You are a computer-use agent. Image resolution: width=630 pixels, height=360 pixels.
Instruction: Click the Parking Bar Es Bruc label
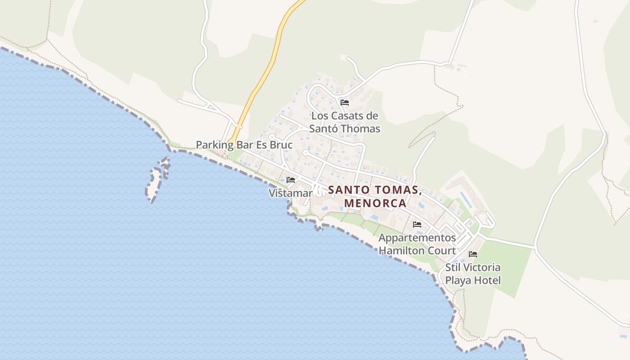click(x=244, y=145)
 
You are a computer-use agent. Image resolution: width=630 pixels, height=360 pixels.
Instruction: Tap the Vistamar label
click(x=290, y=193)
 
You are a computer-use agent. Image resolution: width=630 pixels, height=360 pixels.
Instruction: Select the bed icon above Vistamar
click(x=291, y=180)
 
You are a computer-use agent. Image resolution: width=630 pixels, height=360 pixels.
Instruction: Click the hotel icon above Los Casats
click(x=345, y=103)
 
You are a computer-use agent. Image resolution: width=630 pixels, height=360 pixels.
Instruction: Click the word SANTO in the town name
click(x=345, y=190)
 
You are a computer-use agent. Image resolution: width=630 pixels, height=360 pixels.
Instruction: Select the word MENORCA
click(x=375, y=203)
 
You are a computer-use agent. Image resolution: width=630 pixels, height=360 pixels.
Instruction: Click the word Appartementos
click(x=417, y=238)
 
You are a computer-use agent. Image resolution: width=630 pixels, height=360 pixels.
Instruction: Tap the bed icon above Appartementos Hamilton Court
click(x=417, y=224)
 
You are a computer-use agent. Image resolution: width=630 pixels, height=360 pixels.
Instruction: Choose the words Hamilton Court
click(x=417, y=251)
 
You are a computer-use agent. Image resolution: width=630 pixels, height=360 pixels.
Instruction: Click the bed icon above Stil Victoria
click(x=472, y=254)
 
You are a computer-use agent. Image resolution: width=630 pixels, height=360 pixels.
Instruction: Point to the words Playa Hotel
click(x=472, y=280)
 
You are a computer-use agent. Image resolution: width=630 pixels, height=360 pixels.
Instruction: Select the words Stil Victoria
click(x=472, y=267)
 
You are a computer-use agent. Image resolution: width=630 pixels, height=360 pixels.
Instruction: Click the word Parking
click(x=215, y=145)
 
